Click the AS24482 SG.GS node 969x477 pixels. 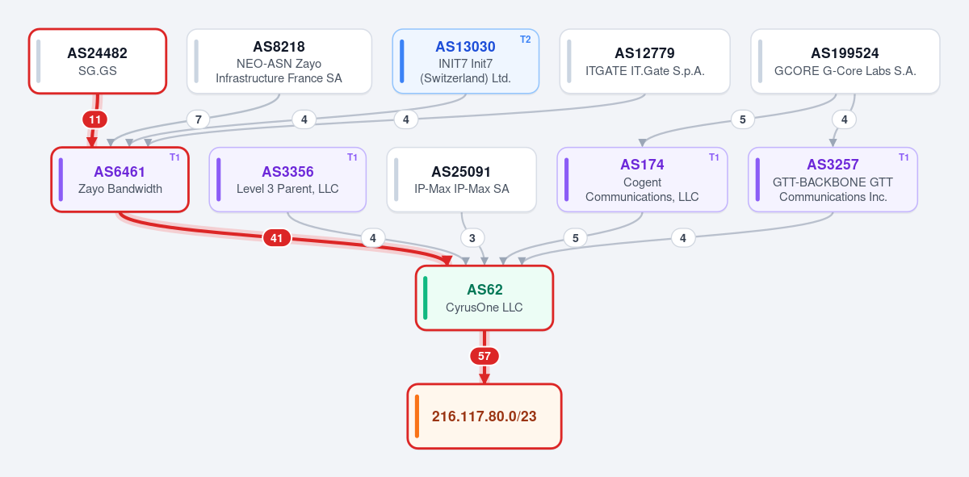(x=98, y=61)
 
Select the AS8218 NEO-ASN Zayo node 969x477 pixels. (x=279, y=61)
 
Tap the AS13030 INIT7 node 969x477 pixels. (x=465, y=61)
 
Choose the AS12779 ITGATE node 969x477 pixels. (x=644, y=61)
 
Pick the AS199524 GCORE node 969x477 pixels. (x=845, y=61)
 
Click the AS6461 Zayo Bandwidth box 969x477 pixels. (x=120, y=179)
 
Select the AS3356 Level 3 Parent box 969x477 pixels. (x=287, y=179)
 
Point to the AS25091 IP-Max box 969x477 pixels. (x=462, y=179)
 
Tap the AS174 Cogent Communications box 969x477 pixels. (x=642, y=179)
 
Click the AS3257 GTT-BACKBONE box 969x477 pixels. (x=833, y=179)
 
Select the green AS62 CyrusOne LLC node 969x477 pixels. (x=484, y=298)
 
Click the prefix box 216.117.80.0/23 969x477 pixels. (x=484, y=416)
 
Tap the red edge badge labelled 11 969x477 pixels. (x=94, y=119)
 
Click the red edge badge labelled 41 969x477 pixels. (x=276, y=238)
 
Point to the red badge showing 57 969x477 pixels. (x=484, y=356)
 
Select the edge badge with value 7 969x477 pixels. (x=198, y=119)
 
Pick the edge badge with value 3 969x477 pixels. (x=472, y=238)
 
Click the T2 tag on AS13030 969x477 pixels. (x=525, y=40)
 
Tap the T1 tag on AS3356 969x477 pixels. (x=352, y=157)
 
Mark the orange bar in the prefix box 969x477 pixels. (x=417, y=416)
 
